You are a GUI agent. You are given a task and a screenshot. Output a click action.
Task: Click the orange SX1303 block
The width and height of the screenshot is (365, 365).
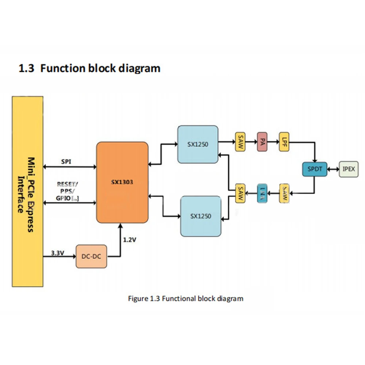[x=122, y=182]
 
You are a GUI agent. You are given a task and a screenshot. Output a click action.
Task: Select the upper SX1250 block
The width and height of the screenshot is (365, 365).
[x=198, y=144]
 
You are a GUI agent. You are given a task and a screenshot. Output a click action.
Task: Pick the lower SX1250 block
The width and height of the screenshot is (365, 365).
[x=201, y=216]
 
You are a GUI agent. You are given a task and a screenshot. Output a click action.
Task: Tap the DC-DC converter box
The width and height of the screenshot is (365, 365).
[x=92, y=256]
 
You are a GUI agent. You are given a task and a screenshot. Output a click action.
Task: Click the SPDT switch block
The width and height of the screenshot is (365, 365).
[x=315, y=169]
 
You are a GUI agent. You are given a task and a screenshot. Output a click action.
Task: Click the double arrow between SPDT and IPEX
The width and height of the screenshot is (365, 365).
[x=333, y=169]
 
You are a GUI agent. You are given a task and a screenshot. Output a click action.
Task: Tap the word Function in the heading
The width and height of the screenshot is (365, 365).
[x=63, y=68]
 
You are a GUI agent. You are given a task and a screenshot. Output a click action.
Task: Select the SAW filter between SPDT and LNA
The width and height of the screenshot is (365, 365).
[x=285, y=193]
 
